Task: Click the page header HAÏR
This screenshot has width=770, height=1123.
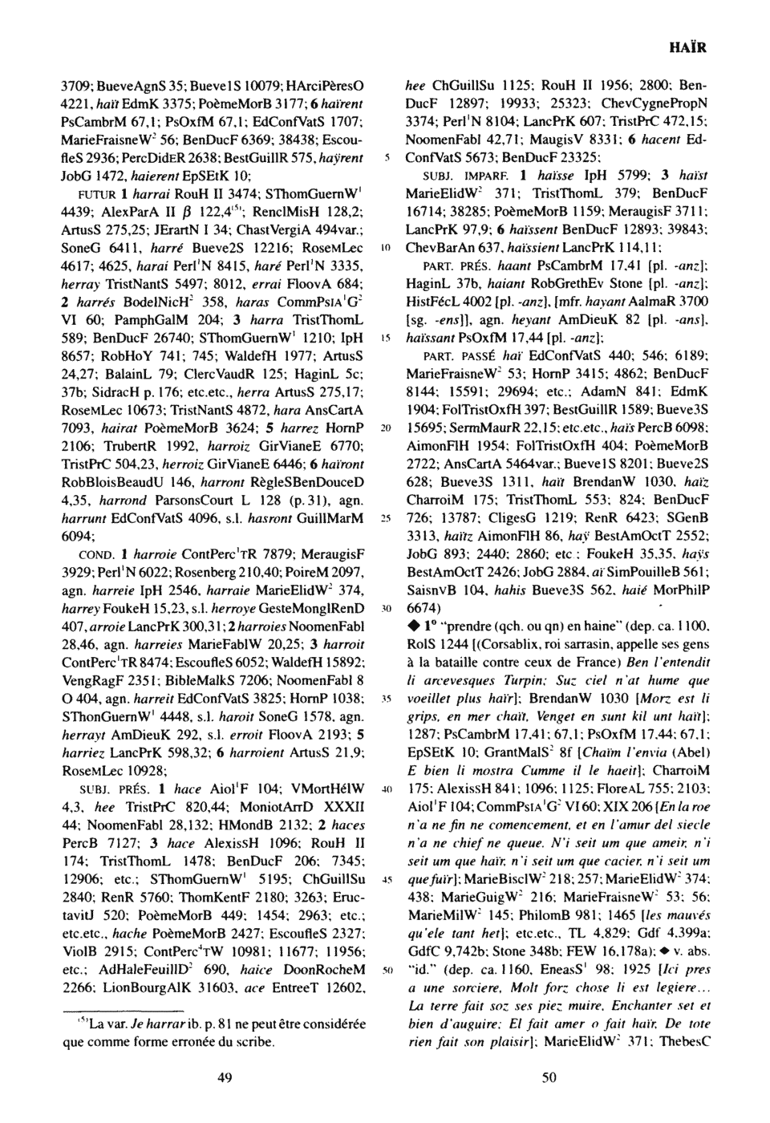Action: tap(687, 47)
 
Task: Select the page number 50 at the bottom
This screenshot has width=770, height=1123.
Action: tap(549, 1077)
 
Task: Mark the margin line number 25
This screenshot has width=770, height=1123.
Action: tap(385, 517)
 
